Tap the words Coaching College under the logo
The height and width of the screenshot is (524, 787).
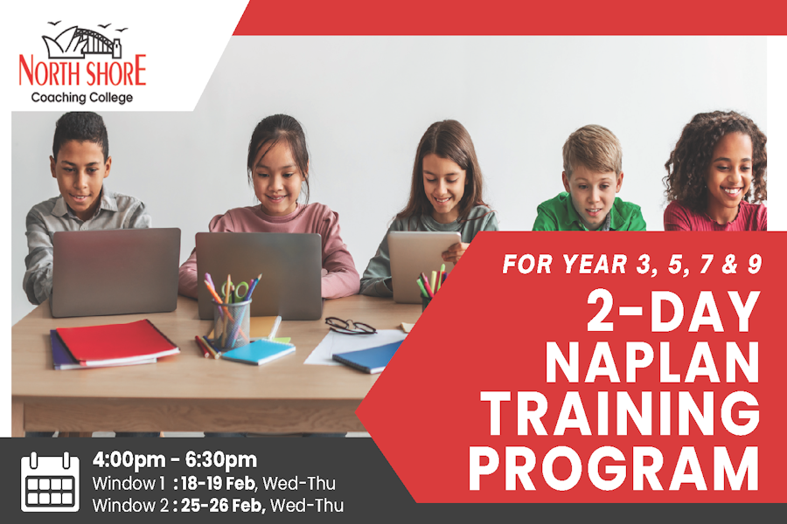tap(82, 97)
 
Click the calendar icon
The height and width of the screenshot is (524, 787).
tap(50, 482)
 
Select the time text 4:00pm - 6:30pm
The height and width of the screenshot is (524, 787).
tap(175, 459)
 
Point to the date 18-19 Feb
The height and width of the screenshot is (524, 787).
tap(218, 483)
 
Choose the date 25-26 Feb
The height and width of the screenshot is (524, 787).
tap(222, 506)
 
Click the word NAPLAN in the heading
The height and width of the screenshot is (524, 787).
tap(652, 362)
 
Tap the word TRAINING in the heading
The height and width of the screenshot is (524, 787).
tap(620, 413)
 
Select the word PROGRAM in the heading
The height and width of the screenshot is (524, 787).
tap(614, 468)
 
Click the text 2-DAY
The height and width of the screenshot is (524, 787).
tap(673, 311)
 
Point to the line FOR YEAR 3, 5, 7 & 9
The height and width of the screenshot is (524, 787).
tap(632, 265)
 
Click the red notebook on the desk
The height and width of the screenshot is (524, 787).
tap(117, 342)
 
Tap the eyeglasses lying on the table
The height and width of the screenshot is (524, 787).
tap(351, 326)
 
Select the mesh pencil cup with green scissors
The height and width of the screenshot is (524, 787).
tap(231, 315)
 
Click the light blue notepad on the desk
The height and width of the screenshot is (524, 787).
tap(258, 350)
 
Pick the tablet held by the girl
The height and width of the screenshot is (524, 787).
tap(422, 265)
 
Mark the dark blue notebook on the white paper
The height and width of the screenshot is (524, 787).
tap(368, 357)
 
